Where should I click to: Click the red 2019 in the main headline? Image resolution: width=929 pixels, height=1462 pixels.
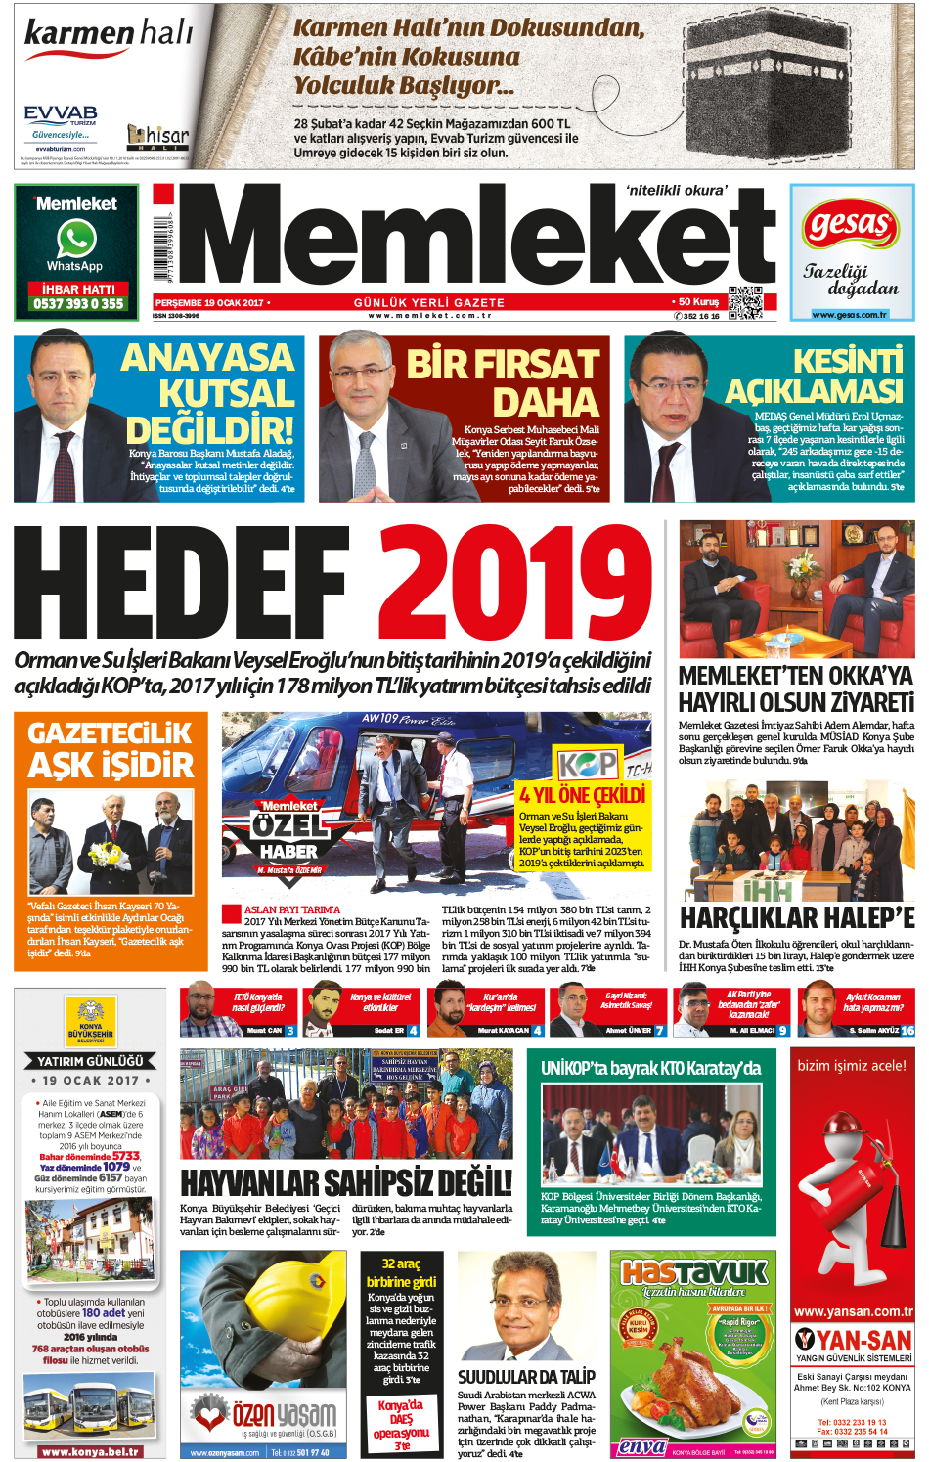click(515, 584)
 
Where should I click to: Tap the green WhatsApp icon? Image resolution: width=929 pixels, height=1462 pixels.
click(76, 239)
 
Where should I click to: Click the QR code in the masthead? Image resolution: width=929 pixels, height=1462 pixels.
click(744, 302)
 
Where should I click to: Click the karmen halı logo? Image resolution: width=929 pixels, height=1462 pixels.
click(108, 35)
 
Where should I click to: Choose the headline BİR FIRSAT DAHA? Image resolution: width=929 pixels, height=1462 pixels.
click(503, 382)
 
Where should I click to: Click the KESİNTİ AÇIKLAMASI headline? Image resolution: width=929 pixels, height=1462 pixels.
click(814, 376)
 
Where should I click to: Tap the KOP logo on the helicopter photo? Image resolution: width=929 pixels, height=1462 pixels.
click(588, 764)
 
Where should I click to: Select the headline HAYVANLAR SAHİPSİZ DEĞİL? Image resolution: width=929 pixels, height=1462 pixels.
click(346, 1182)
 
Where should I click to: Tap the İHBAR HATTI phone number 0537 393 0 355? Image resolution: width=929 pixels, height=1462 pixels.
click(78, 304)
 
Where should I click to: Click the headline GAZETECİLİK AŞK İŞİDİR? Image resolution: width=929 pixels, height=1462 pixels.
click(111, 749)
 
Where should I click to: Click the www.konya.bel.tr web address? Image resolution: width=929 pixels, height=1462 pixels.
click(90, 1451)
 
